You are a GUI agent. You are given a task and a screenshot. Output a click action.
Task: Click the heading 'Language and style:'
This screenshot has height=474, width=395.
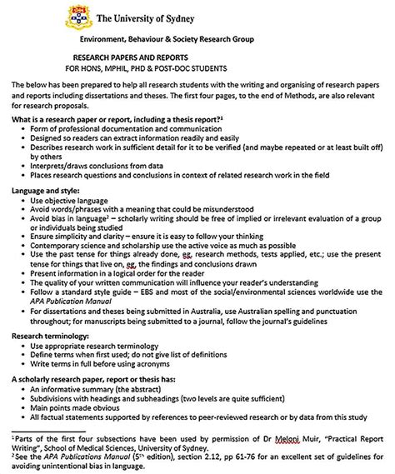click(x=46, y=191)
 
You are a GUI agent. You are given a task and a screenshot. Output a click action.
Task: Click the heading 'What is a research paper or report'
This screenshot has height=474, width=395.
click(x=116, y=121)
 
